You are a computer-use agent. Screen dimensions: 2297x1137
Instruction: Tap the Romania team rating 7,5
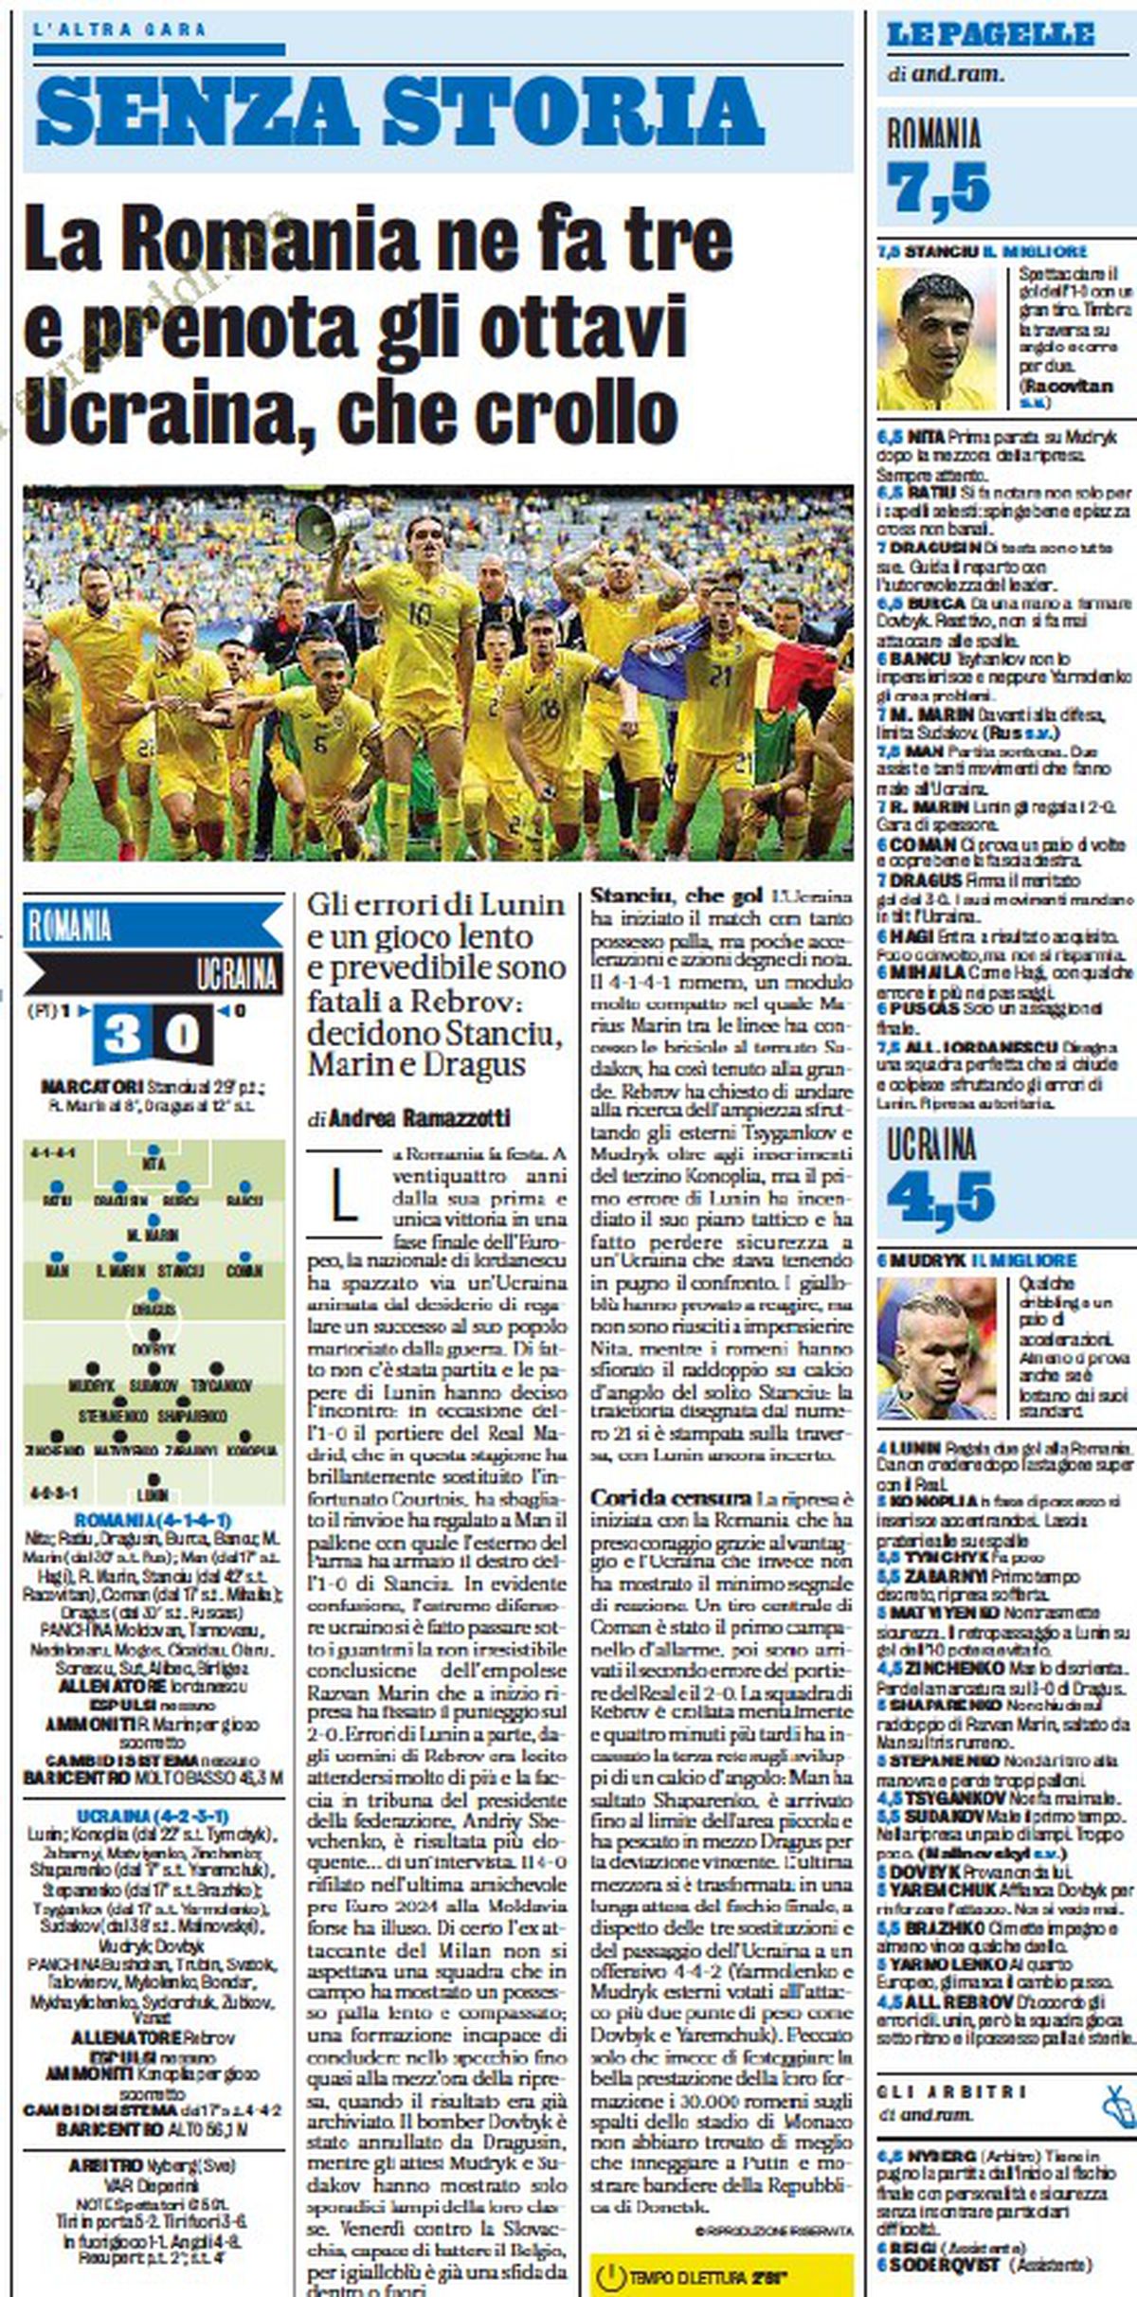[x=938, y=187]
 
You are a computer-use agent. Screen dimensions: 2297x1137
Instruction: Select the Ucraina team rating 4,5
[x=941, y=1197]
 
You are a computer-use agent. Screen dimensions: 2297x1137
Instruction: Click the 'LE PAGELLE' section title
[x=990, y=36]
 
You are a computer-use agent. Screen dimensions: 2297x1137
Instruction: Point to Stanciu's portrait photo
[x=937, y=338]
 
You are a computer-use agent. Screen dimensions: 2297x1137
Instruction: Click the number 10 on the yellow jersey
[x=420, y=613]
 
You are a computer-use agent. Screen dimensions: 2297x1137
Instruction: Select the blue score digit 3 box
[x=122, y=1034]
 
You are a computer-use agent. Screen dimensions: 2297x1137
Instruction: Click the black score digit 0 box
[x=183, y=1034]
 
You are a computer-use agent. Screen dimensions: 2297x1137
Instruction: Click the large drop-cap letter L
[x=343, y=1196]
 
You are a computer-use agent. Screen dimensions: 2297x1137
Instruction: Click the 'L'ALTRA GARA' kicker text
[x=119, y=29]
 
